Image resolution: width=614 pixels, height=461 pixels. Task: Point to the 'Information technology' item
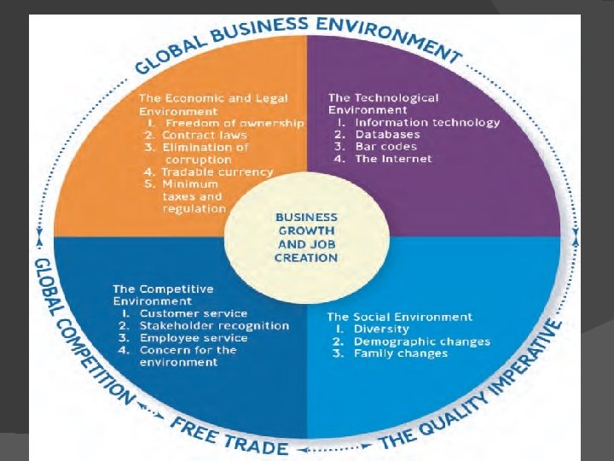point(427,122)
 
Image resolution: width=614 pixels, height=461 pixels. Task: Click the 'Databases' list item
point(387,134)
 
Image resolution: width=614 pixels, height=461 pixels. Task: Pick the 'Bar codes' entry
point(386,146)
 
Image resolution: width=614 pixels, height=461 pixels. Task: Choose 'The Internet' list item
point(393,159)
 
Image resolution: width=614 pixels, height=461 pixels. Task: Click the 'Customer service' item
point(194,313)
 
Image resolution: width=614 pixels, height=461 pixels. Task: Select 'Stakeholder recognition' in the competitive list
point(214,325)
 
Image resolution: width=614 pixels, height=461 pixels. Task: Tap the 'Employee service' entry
point(194,337)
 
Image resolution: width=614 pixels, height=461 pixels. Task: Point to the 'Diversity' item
point(381,329)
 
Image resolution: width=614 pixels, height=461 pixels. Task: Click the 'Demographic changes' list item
point(422,341)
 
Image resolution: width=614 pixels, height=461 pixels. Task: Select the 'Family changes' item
point(401,353)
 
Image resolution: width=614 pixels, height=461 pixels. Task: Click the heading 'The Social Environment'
point(399,317)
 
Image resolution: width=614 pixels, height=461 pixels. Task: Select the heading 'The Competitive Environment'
point(163,295)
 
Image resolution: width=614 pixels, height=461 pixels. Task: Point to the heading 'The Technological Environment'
point(383,104)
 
